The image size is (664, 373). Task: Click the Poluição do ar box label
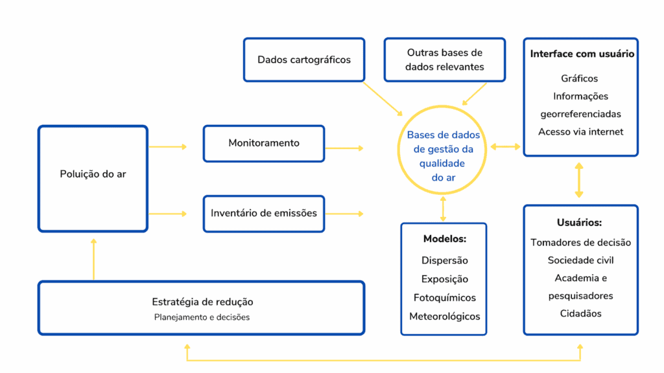(93, 174)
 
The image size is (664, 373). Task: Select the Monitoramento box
(264, 143)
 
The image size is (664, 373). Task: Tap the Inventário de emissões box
(264, 212)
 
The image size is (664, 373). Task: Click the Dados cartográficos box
(303, 60)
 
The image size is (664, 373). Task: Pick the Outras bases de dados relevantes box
(444, 60)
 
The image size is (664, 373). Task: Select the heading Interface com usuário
(582, 54)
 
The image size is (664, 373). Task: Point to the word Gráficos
(580, 78)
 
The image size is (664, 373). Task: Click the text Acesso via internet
(580, 131)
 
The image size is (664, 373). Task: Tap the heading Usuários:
(580, 222)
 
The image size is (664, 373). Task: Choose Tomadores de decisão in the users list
(580, 242)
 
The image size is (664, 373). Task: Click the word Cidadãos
(580, 313)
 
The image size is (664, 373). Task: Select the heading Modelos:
(444, 239)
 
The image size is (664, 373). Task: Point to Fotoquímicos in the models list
(444, 298)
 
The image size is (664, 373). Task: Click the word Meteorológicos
(444, 317)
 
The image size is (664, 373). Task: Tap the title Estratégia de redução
(202, 302)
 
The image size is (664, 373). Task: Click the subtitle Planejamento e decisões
(202, 317)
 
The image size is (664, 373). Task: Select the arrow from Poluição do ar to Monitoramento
(168, 147)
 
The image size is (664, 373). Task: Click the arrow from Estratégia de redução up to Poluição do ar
(93, 259)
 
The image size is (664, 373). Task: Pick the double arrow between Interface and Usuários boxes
(579, 180)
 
